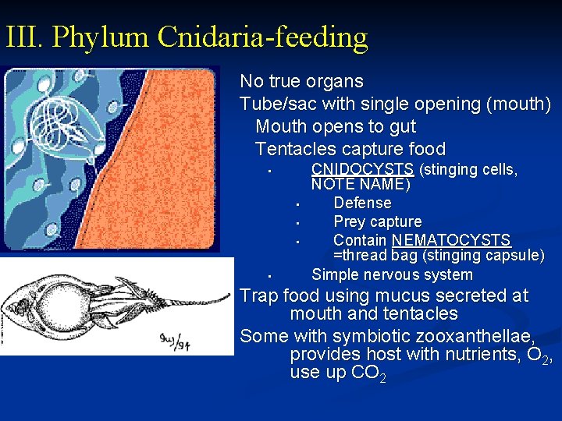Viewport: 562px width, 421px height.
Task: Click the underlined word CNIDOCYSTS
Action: coord(362,169)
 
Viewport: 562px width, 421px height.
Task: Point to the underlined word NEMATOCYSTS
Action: coord(451,240)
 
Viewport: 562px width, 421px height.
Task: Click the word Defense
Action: coord(362,203)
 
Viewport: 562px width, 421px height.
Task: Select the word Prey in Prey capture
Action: coord(349,221)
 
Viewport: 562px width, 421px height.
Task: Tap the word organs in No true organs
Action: coord(336,81)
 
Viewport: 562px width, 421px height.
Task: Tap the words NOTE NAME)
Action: coord(360,185)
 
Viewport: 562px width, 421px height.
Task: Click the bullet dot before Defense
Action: coord(298,206)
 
